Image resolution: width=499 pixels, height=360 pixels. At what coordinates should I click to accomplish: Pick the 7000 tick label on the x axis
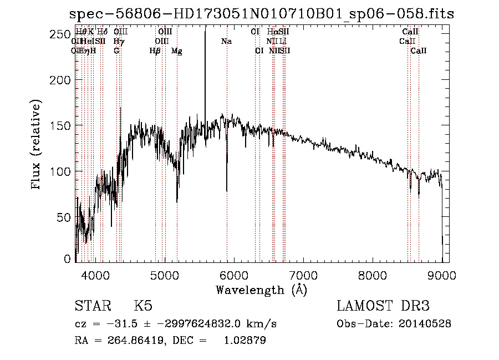303,274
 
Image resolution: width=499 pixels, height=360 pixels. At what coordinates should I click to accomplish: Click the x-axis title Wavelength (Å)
261,290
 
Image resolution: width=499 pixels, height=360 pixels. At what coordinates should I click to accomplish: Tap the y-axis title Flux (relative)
37,145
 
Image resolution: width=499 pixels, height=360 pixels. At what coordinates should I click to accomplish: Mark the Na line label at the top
226,42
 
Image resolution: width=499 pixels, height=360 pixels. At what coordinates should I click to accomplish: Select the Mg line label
176,51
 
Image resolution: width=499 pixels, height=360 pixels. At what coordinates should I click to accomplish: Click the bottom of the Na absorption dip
227,190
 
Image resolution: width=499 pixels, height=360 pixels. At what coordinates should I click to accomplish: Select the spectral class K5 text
143,306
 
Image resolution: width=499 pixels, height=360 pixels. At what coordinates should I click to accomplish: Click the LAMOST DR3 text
383,306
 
